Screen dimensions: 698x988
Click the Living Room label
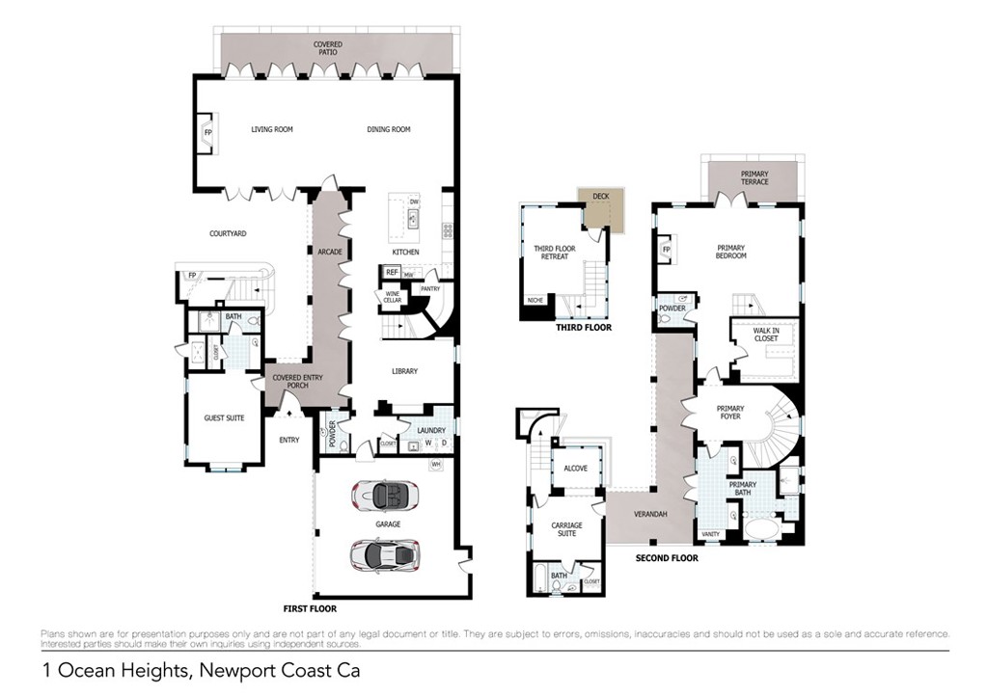tap(271, 129)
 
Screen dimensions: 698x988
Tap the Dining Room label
tap(388, 129)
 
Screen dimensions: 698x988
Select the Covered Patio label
tap(327, 48)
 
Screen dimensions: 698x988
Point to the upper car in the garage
tap(385, 496)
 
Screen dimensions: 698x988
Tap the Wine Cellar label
tap(393, 298)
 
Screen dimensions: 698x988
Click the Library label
tap(404, 371)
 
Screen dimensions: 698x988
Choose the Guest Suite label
tap(223, 418)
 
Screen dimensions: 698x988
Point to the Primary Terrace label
tap(755, 178)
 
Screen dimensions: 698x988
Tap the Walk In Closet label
tap(765, 336)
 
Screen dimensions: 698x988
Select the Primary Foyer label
tap(730, 413)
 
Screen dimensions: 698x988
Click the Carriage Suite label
tap(566, 529)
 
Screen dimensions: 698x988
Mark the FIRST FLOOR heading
tap(310, 609)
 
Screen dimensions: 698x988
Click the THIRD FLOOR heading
tap(584, 328)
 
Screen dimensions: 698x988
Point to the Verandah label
tap(650, 514)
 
